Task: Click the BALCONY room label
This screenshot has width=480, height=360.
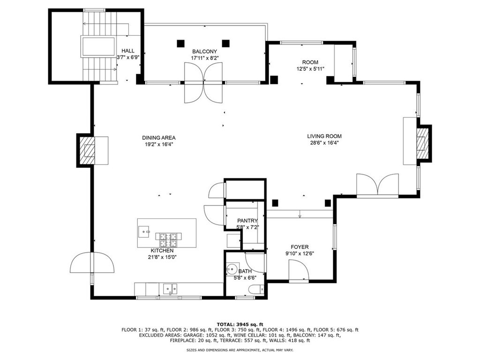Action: pyautogui.click(x=204, y=52)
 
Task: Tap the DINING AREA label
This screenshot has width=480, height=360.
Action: pyautogui.click(x=158, y=138)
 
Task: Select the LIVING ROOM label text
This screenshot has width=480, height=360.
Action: pyautogui.click(x=324, y=136)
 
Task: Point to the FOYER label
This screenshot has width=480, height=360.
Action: pyautogui.click(x=300, y=247)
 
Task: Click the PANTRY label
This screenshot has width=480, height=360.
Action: pyautogui.click(x=247, y=220)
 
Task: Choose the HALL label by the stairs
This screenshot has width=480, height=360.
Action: pyautogui.click(x=127, y=51)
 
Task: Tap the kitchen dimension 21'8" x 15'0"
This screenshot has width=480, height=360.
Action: pyautogui.click(x=162, y=257)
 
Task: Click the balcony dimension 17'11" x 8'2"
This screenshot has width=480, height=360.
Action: pyautogui.click(x=205, y=58)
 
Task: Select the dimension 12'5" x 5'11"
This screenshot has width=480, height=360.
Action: pyautogui.click(x=310, y=69)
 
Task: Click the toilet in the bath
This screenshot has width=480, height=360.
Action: pyautogui.click(x=257, y=289)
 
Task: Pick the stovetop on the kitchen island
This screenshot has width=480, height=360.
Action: pyautogui.click(x=168, y=240)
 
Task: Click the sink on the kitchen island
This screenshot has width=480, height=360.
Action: pyautogui.click(x=143, y=232)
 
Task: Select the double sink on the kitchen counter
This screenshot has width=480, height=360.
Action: pyautogui.click(x=170, y=288)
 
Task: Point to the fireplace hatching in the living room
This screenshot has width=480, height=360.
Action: pyautogui.click(x=422, y=143)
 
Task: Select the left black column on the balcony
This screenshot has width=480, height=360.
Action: pyautogui.click(x=180, y=44)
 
